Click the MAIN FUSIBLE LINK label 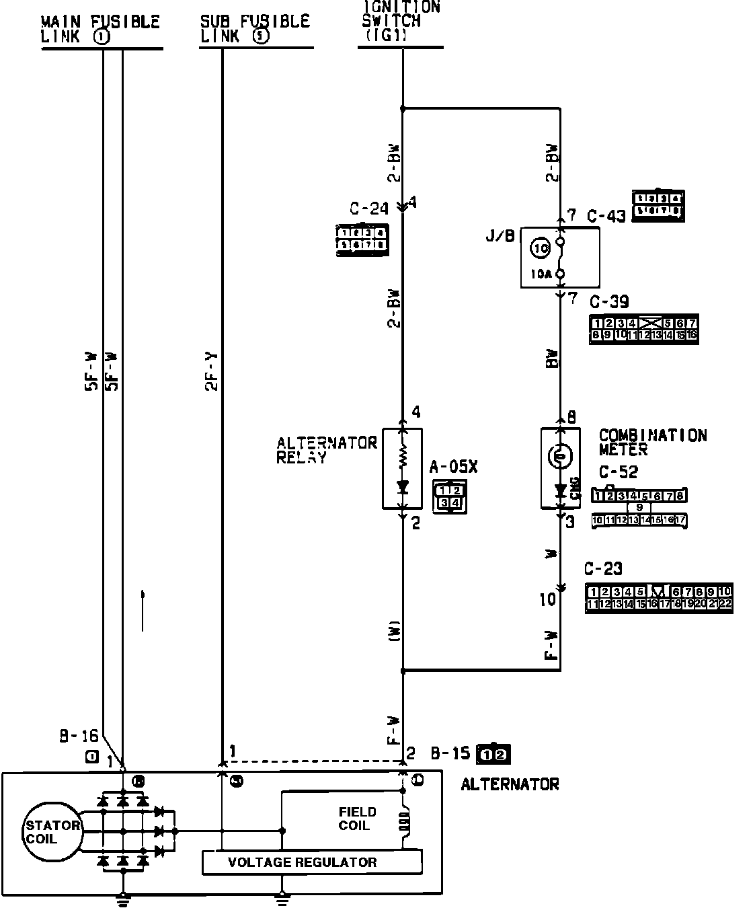click(x=101, y=30)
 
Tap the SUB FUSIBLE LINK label click(x=255, y=29)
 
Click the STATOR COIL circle click(x=52, y=832)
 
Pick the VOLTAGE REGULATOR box click(x=312, y=862)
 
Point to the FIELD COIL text click(x=358, y=819)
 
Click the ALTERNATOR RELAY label click(x=327, y=449)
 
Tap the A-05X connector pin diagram click(x=449, y=497)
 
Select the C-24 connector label click(x=369, y=209)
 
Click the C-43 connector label click(x=606, y=216)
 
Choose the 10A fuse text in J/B click(x=541, y=274)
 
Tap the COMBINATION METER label click(x=652, y=442)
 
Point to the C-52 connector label click(x=618, y=472)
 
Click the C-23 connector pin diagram click(x=658, y=598)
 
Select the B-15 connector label click(x=450, y=753)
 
